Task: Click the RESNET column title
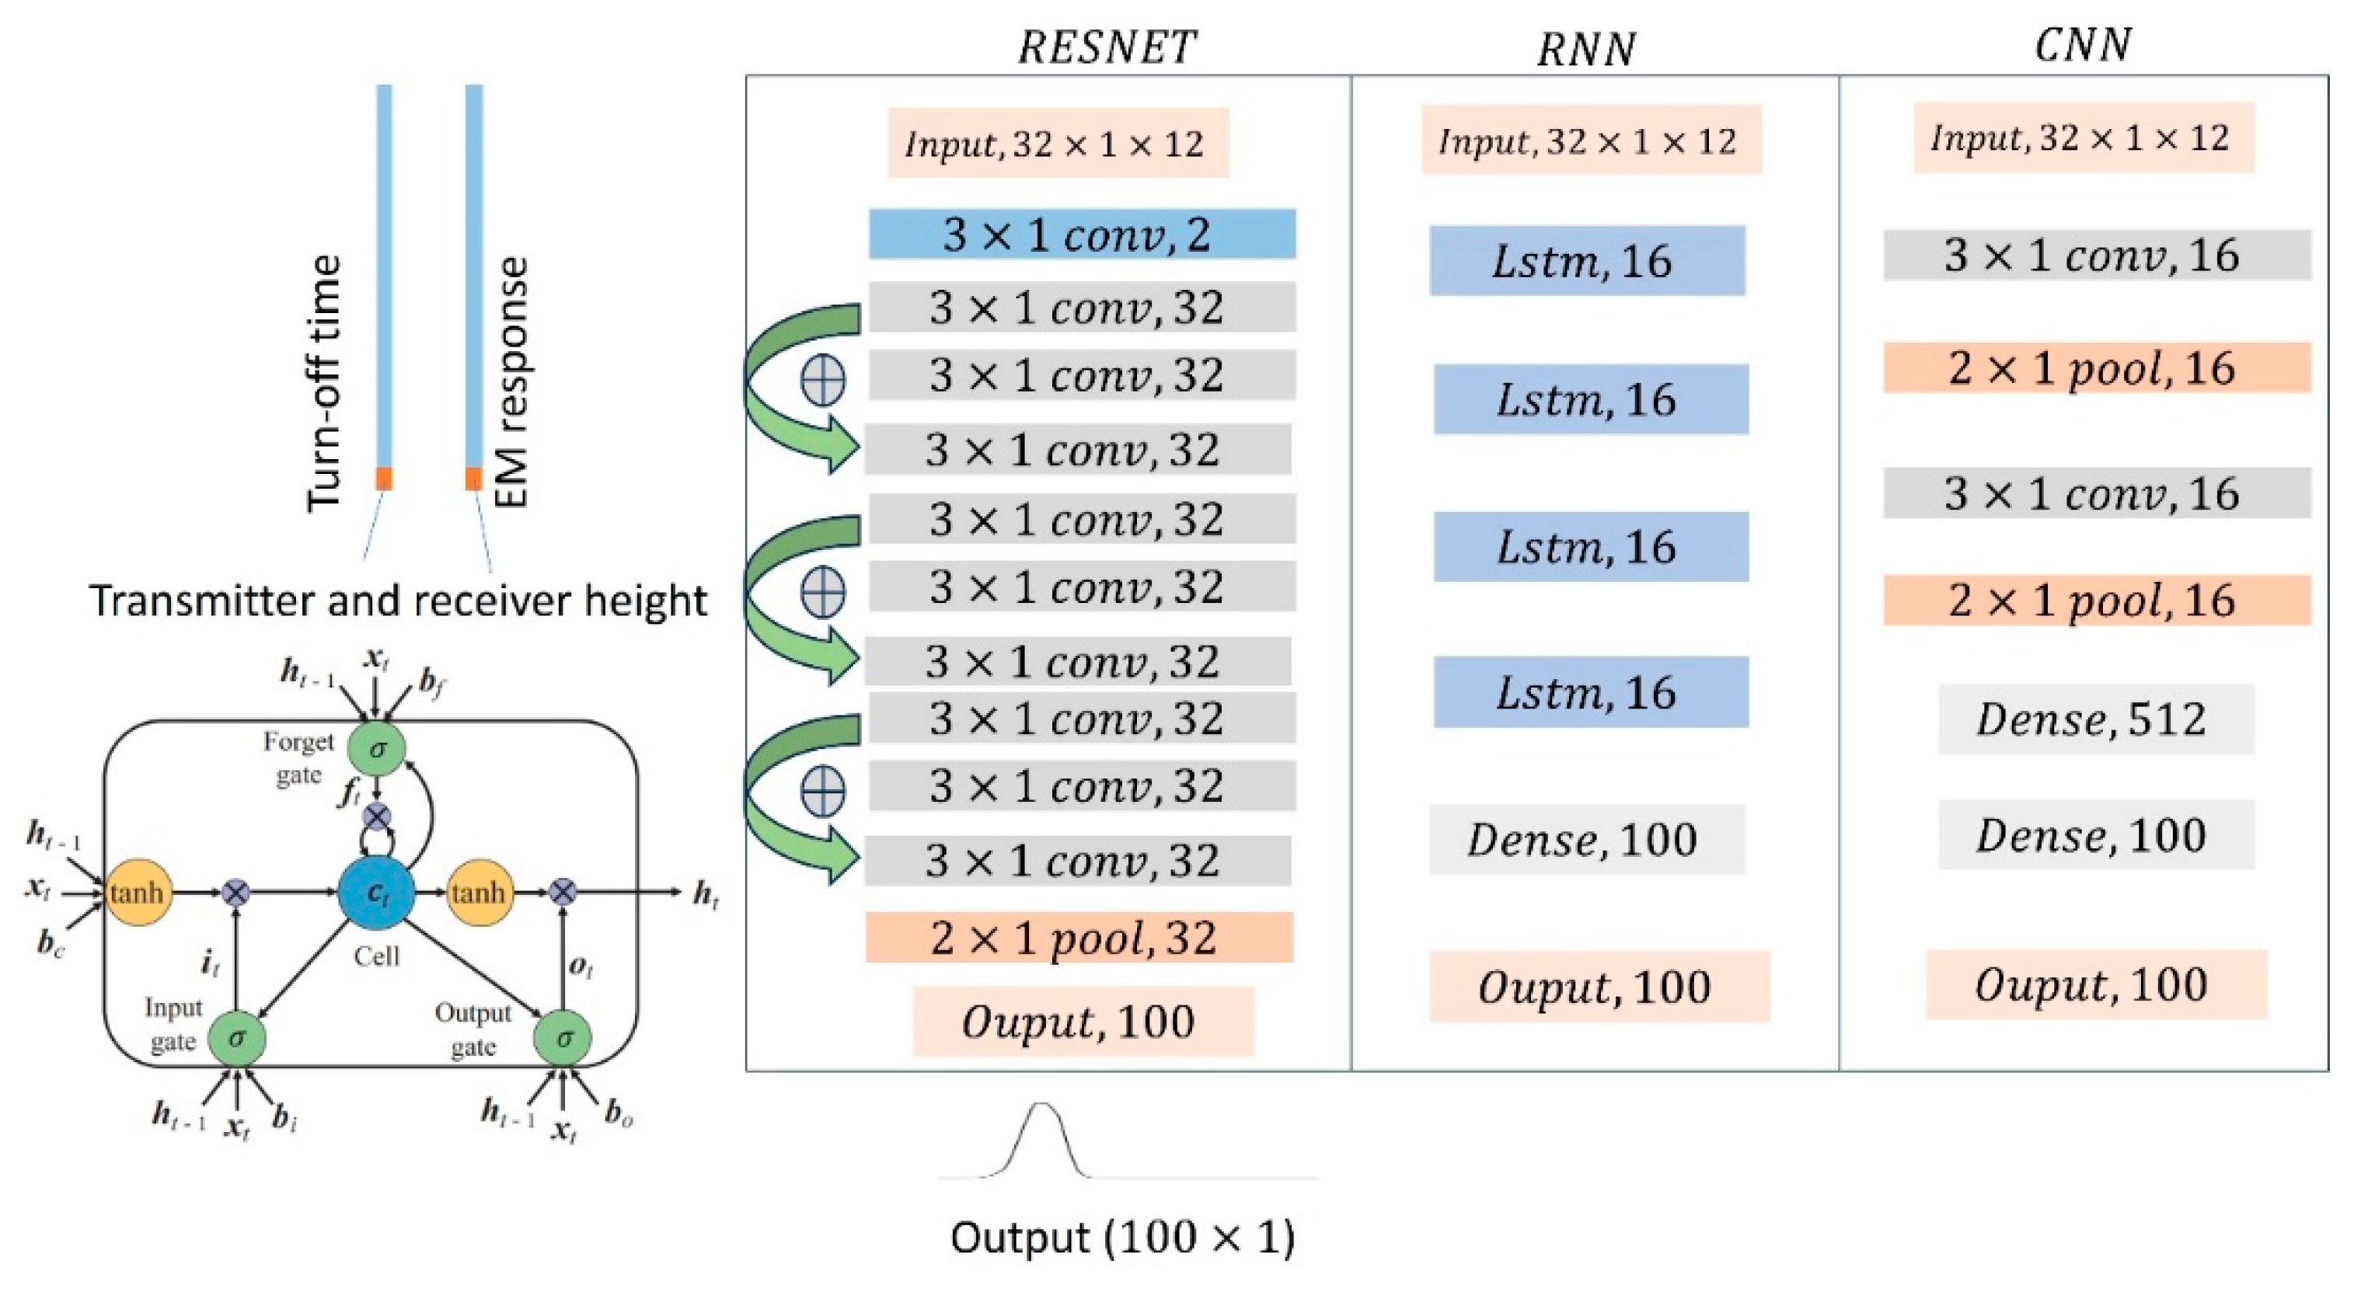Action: point(1106,47)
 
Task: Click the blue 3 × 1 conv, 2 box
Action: point(1081,234)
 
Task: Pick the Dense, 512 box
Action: point(2095,719)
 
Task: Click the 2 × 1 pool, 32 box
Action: point(1079,937)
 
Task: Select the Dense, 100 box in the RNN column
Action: point(1586,838)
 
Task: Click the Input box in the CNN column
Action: point(2083,138)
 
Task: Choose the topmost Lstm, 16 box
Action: point(1586,260)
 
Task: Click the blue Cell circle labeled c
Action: point(376,893)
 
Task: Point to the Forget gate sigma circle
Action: point(376,749)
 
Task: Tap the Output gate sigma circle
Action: point(563,1038)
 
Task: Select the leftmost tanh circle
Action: point(137,893)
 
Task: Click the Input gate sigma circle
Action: point(237,1038)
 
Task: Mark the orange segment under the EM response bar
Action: point(473,479)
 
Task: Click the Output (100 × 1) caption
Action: point(1122,1238)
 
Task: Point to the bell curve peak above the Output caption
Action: point(1041,1106)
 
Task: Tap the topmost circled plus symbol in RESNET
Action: point(822,380)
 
